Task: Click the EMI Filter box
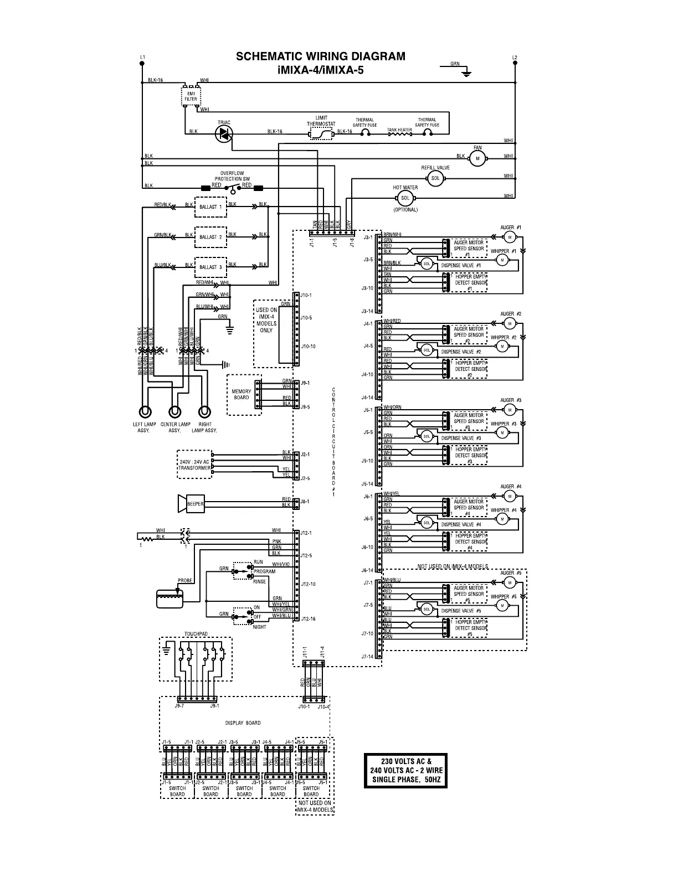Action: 191,96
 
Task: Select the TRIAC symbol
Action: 224,132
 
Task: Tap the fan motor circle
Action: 477,159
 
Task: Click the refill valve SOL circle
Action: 435,178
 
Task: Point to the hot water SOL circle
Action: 405,198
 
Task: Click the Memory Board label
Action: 242,394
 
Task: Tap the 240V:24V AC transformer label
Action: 194,465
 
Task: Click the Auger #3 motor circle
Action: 510,410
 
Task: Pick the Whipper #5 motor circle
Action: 502,605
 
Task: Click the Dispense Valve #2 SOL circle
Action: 427,350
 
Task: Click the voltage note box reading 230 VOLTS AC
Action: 406,771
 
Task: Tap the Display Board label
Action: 243,723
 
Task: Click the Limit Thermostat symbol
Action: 321,133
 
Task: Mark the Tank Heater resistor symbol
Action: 399,133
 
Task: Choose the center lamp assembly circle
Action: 175,412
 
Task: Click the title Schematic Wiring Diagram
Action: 320,56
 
